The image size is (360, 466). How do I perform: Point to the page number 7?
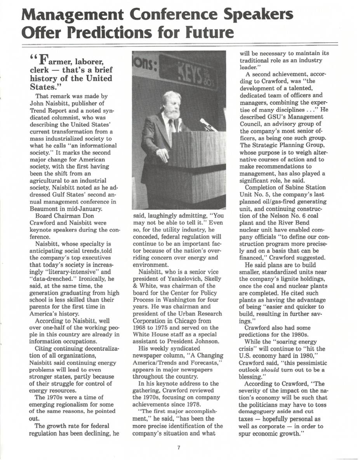179,447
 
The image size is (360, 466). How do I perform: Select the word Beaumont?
43,209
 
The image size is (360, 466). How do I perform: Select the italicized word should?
271,369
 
